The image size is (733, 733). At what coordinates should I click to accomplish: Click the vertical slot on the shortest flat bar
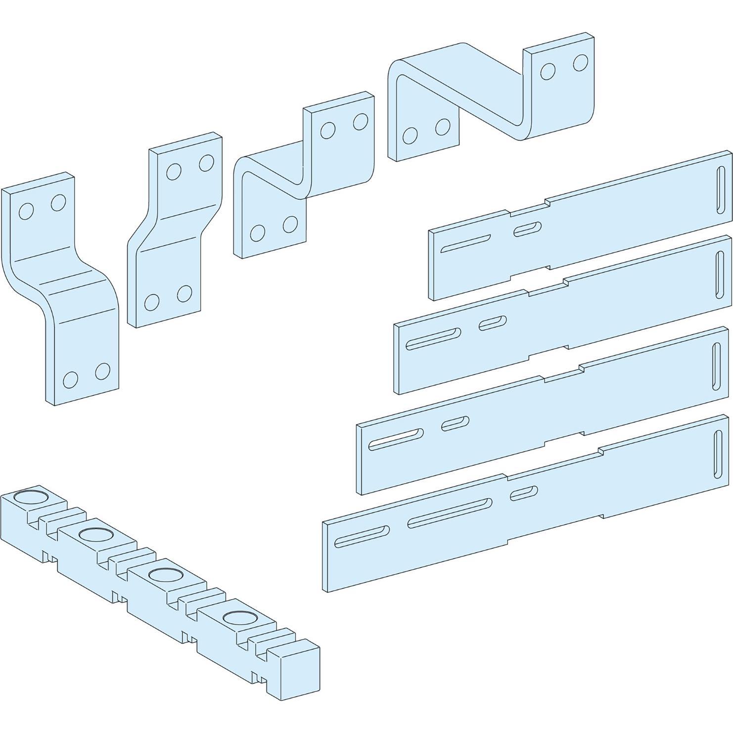tap(721, 189)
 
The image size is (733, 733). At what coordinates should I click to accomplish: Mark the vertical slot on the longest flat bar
tap(717, 455)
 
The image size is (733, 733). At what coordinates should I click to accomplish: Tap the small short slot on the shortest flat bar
tap(527, 229)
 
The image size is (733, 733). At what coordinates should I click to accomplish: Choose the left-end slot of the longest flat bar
tap(362, 537)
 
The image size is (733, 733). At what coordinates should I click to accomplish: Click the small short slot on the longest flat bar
tap(524, 493)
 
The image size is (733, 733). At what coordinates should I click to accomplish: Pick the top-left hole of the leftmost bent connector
tap(26, 211)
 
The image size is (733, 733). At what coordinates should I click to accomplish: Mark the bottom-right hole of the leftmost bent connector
tap(102, 371)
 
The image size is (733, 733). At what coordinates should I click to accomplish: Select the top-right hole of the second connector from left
tap(206, 162)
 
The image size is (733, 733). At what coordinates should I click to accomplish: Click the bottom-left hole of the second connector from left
tap(152, 302)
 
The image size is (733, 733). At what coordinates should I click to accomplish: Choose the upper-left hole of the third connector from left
tap(327, 130)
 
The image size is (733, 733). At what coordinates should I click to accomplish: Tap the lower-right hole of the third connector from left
tap(290, 224)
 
